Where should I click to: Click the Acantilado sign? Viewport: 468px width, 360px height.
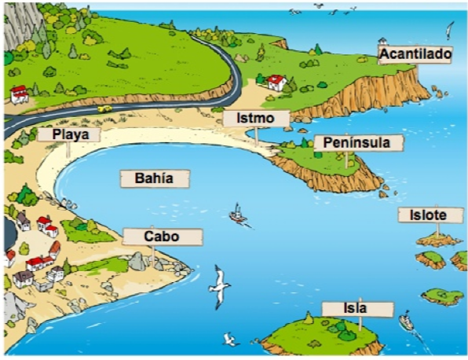click(415, 54)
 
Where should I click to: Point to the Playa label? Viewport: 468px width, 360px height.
click(69, 134)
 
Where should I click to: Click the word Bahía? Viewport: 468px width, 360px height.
click(154, 178)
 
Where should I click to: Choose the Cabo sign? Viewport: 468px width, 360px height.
click(163, 237)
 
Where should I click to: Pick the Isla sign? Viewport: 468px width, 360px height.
click(356, 308)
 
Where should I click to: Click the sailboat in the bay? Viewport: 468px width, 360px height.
click(236, 214)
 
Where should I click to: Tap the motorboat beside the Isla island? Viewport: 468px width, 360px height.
click(406, 321)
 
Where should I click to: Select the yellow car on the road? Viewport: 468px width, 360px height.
click(103, 108)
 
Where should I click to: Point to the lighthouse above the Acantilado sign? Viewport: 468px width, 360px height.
click(382, 42)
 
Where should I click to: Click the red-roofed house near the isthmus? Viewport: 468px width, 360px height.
click(276, 82)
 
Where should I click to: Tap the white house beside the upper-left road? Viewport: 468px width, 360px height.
click(19, 94)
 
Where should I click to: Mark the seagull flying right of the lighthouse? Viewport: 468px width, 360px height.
click(449, 31)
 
